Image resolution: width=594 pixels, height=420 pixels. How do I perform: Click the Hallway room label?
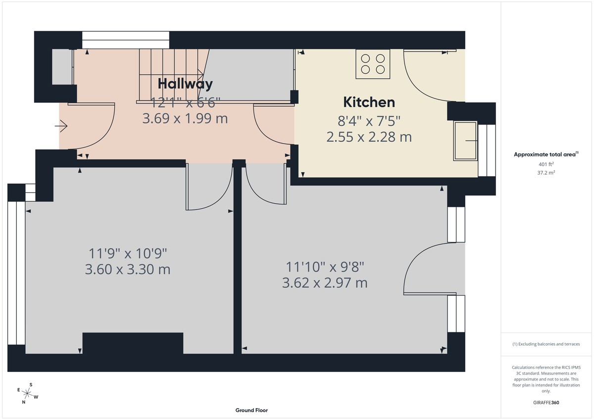click(x=185, y=84)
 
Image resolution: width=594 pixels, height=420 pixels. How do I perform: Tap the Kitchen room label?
click(x=369, y=102)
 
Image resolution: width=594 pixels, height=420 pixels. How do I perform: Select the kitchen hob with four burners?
click(x=373, y=64)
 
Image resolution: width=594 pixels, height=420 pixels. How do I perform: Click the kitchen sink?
click(x=465, y=141)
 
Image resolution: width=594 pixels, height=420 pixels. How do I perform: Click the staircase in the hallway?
click(x=171, y=74)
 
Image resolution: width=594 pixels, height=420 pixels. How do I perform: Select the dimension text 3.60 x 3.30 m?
click(x=128, y=270)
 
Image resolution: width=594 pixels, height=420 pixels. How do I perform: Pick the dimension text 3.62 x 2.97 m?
click(x=325, y=283)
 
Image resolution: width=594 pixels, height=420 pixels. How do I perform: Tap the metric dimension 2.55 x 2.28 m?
click(x=369, y=137)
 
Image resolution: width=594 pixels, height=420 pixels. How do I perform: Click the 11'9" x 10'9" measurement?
click(x=128, y=254)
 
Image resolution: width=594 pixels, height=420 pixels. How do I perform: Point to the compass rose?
click(x=28, y=394)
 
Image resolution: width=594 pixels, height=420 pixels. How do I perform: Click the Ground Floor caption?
click(x=251, y=410)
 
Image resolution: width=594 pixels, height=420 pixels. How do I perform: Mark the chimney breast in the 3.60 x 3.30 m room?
click(x=133, y=343)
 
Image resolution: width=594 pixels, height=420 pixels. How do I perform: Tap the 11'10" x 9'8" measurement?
click(x=325, y=267)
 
